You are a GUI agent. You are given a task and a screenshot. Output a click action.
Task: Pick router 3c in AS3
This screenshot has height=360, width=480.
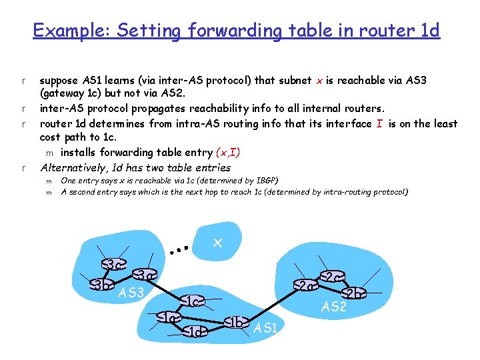(115, 265)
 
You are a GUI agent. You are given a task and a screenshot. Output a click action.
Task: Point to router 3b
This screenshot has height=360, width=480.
(101, 285)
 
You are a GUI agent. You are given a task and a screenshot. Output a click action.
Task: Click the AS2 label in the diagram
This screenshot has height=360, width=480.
(334, 307)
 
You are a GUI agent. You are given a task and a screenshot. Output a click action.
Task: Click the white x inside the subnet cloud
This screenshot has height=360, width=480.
(217, 244)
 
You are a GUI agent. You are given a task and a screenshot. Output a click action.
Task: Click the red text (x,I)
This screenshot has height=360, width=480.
(222, 152)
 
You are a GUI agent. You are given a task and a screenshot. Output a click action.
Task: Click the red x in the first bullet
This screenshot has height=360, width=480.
(317, 81)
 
